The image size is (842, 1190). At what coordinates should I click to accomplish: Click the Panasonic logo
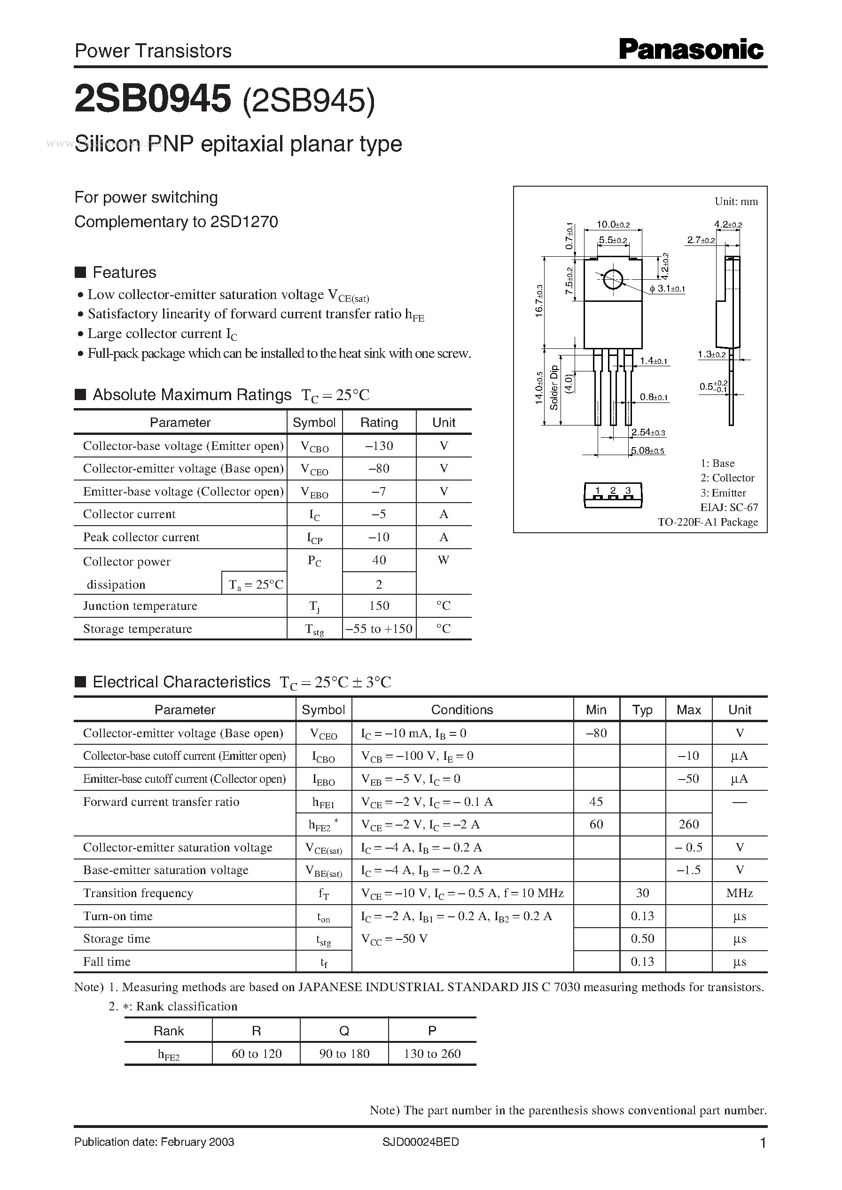[691, 50]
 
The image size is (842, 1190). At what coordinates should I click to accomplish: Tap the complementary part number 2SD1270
[244, 222]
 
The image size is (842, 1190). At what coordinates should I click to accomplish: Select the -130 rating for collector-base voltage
[379, 446]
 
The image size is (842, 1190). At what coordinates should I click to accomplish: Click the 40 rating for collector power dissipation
[379, 560]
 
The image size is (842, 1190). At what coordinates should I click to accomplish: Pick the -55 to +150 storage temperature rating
[379, 629]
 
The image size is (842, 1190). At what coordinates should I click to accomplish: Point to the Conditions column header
[462, 709]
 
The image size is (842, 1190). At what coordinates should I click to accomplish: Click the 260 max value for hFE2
[688, 824]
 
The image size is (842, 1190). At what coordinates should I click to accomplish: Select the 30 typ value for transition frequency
[642, 893]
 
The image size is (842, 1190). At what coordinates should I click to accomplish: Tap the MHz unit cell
[740, 893]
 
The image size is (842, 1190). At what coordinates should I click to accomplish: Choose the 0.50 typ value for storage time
[642, 938]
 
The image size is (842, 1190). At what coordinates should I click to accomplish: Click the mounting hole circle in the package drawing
[613, 280]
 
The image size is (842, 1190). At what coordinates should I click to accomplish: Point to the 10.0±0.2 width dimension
[613, 225]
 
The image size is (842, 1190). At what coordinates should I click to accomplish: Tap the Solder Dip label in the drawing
[554, 387]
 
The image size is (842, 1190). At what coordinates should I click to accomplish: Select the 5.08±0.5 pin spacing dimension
[647, 451]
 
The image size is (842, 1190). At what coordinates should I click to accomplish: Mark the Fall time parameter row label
[107, 961]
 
